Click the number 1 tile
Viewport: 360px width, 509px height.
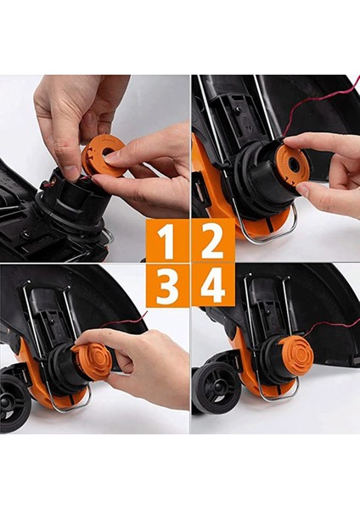coord(167,243)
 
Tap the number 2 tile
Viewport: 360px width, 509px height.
coord(211,243)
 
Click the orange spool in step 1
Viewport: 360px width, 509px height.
coord(103,158)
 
